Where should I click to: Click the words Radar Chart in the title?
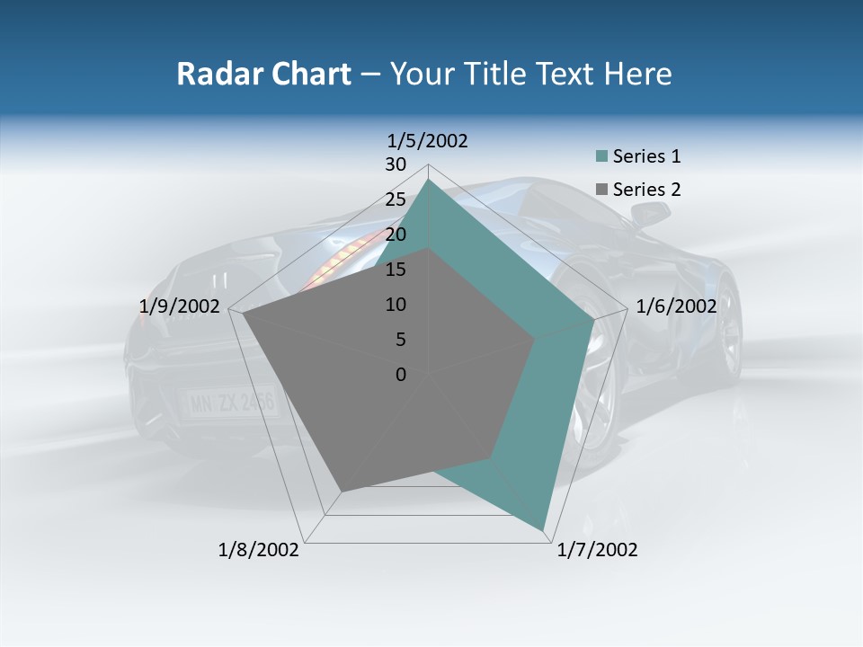263,74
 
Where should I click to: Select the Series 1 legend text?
646,156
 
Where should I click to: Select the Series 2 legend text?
646,190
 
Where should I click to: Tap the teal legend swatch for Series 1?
602,157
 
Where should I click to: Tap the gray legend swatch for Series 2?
602,190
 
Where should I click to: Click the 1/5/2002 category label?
427,140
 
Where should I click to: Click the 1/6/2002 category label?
676,306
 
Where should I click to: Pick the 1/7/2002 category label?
597,550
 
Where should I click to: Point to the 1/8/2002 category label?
259,550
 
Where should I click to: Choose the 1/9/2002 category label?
180,306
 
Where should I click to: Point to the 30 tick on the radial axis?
396,164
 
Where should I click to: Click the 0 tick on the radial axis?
401,375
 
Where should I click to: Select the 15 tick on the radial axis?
396,270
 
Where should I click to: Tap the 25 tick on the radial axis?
396,199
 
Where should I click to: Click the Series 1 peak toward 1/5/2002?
429,180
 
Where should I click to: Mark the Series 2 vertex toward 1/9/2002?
244,314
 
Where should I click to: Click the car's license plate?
232,403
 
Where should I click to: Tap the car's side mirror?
651,213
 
